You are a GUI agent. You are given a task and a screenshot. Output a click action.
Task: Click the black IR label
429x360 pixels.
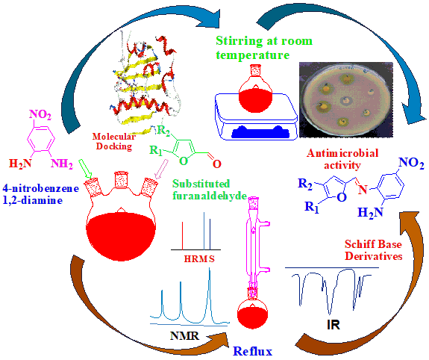(x=334, y=324)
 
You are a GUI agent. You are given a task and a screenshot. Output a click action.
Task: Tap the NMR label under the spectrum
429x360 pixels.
(x=185, y=335)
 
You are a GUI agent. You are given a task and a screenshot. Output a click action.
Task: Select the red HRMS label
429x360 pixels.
(x=199, y=258)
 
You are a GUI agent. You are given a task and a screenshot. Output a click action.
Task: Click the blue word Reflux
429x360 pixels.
(x=252, y=351)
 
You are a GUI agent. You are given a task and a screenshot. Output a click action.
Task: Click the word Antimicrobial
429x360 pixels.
(x=342, y=153)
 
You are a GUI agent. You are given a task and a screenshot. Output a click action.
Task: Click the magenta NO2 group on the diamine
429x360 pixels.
(x=40, y=114)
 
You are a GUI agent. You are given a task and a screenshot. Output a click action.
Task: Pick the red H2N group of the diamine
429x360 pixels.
(x=20, y=164)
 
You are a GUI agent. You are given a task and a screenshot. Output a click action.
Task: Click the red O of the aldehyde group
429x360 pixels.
(x=216, y=164)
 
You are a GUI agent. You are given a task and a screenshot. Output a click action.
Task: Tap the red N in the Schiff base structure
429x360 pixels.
(x=363, y=189)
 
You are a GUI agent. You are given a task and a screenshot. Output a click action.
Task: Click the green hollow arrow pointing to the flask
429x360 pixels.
(x=85, y=169)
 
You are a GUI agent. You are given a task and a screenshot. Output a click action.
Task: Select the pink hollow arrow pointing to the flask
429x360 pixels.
(x=161, y=169)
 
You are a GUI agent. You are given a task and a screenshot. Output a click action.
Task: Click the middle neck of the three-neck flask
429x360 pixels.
(x=121, y=180)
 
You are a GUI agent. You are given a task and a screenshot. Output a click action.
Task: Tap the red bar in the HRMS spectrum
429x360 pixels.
(x=182, y=236)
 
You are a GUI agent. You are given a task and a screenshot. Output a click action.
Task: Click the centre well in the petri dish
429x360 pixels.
(x=346, y=100)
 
